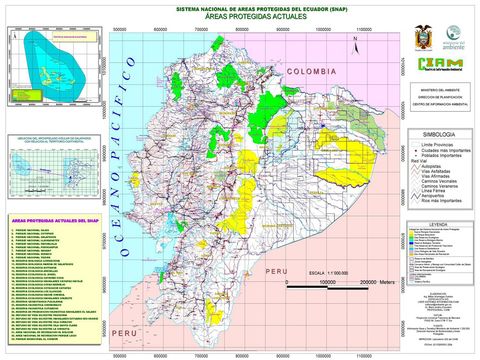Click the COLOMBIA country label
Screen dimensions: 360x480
(313, 74)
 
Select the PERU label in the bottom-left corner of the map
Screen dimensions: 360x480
(123, 331)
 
